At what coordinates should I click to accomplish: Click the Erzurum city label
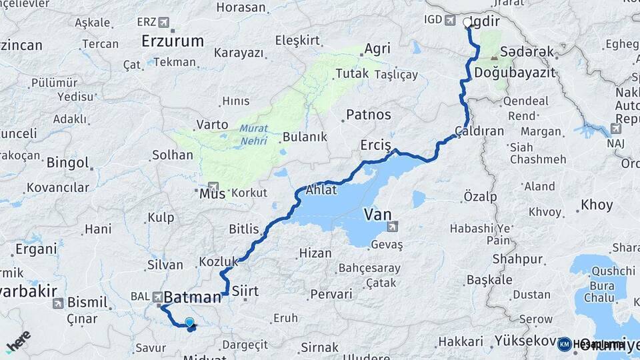point(173,41)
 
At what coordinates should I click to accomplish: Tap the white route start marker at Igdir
point(467,22)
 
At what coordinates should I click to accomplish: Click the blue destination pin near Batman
point(190,323)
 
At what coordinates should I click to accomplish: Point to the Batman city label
point(193,297)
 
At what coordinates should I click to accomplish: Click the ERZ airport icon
point(164,23)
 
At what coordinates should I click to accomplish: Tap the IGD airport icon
point(451,20)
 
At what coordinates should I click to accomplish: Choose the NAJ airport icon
point(615,129)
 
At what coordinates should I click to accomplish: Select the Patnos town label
point(368,115)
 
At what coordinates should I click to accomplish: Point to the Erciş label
point(376,145)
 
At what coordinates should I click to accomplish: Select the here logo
point(18,342)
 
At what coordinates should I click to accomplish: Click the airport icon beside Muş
point(213,187)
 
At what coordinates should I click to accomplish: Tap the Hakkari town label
point(460,341)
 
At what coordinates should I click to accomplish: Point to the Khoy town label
point(597,205)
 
